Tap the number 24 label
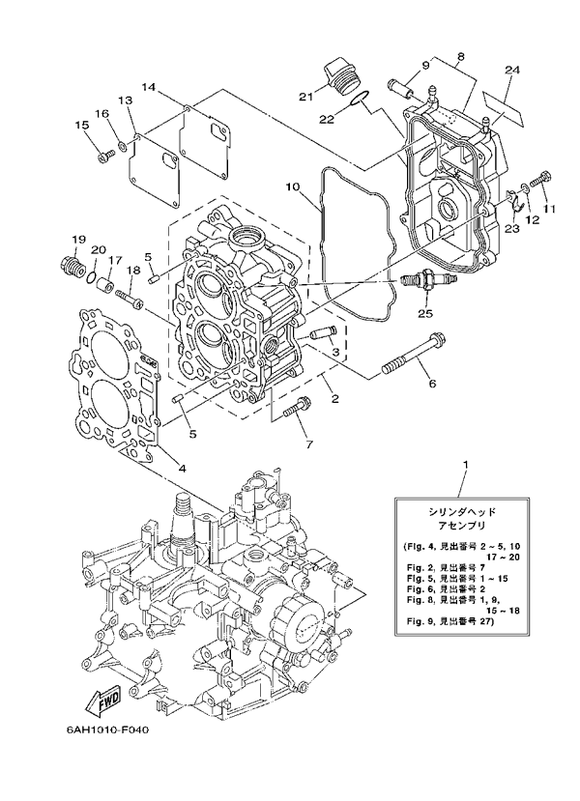click(512, 69)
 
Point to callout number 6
click(432, 385)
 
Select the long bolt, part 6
click(411, 354)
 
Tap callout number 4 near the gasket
click(179, 469)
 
